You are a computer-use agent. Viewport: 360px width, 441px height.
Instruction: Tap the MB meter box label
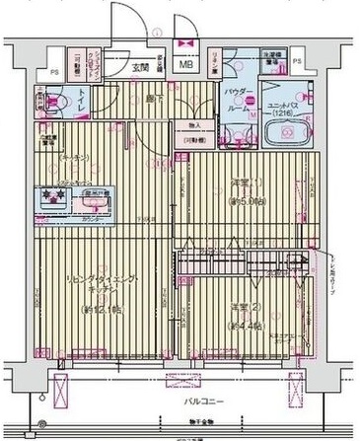click(184, 68)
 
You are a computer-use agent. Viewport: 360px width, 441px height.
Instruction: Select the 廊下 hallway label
click(153, 100)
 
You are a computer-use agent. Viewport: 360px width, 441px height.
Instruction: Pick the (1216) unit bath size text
click(283, 112)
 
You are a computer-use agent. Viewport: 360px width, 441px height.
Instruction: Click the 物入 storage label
click(193, 125)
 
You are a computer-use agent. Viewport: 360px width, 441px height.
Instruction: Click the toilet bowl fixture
click(52, 102)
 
